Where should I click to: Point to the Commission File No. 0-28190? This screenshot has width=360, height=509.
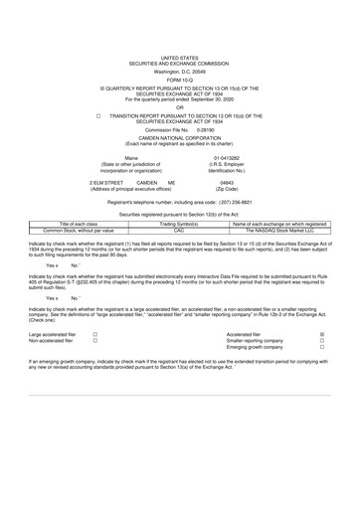207,130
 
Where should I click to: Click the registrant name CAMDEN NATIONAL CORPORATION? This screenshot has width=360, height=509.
179,139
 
